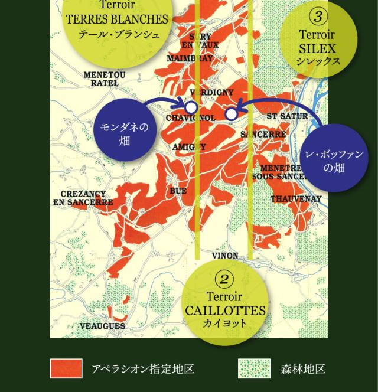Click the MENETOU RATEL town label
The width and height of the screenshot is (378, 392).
[x=105, y=79]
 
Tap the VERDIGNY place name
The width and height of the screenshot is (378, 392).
[x=213, y=93]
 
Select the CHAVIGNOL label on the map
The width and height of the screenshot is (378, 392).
[x=191, y=118]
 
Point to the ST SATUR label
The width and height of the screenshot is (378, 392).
[x=288, y=116]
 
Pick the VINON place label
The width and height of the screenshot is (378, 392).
[x=225, y=256]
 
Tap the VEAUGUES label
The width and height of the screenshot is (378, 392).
[x=102, y=326]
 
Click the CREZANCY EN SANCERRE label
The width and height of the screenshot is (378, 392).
[x=83, y=198]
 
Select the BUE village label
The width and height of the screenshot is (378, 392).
[x=178, y=191]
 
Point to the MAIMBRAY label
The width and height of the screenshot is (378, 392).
[x=189, y=59]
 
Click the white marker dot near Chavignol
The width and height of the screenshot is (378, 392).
[x=191, y=108]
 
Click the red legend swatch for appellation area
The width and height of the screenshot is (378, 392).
[x=66, y=369]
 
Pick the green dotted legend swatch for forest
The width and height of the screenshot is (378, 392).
[x=254, y=369]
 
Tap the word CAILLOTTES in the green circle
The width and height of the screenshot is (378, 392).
[x=225, y=311]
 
